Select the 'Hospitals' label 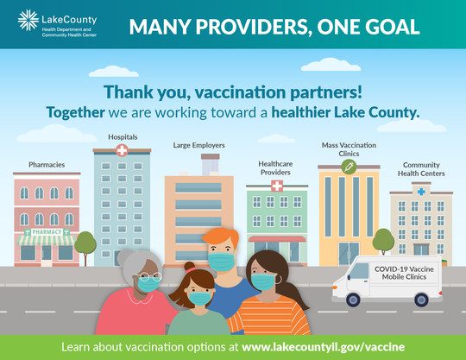[x=122, y=136]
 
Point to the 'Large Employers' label [x=198, y=145]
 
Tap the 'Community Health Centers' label [x=421, y=169]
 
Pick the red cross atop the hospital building [x=122, y=151]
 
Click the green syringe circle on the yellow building [x=349, y=166]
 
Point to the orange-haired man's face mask [x=222, y=261]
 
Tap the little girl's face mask [x=199, y=297]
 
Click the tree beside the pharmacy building [x=85, y=245]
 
